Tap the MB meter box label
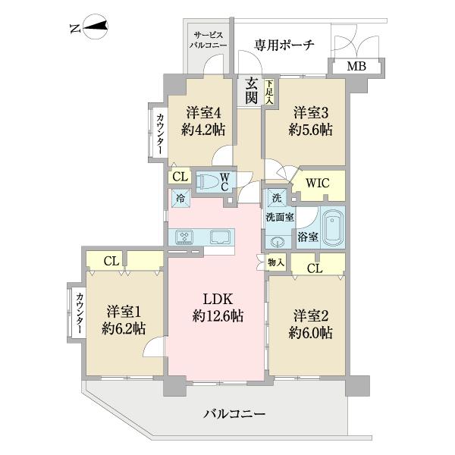point(356,67)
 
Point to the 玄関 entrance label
point(251,91)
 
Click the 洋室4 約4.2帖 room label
point(202,120)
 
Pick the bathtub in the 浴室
point(332,227)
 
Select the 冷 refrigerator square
point(180,198)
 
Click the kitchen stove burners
point(185,237)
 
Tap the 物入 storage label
point(275,262)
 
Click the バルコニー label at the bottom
point(234,414)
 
